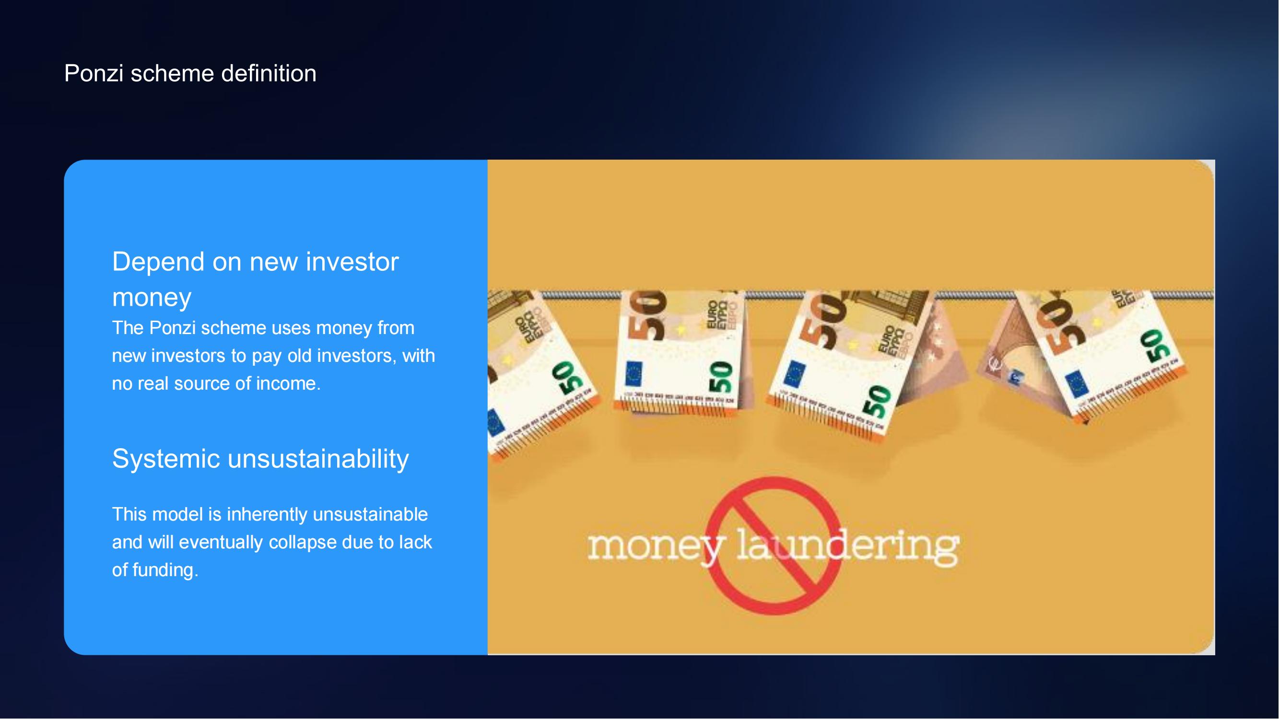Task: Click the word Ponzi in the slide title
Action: coord(94,73)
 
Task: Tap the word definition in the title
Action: coord(269,73)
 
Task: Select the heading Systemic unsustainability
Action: coord(261,459)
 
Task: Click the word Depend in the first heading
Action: coord(158,263)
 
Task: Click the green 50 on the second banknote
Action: coord(720,377)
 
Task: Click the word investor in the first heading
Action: coord(352,263)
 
